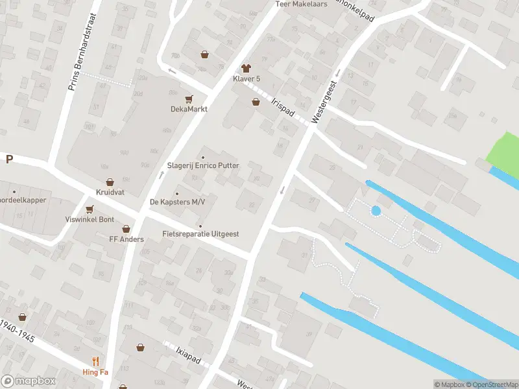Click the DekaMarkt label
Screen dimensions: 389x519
click(189, 109)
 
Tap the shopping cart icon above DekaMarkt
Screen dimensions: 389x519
click(189, 99)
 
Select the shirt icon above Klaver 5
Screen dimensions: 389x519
click(246, 68)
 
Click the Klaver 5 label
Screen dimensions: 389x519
click(246, 78)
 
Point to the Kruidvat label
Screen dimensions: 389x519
click(109, 193)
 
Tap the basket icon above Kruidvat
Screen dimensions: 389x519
click(110, 183)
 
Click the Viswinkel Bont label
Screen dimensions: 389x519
click(90, 219)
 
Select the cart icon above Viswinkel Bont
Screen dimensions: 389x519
click(90, 209)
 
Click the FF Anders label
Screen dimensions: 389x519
click(126, 239)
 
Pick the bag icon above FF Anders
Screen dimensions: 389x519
click(126, 229)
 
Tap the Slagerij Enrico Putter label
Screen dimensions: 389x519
click(203, 165)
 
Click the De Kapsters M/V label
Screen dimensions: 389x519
click(177, 202)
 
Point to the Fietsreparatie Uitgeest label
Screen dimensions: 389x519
click(200, 233)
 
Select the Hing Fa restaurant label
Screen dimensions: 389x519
click(96, 371)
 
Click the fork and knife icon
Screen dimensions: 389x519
click(96, 361)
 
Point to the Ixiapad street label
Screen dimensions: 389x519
click(187, 355)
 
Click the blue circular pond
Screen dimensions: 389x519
click(375, 210)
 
